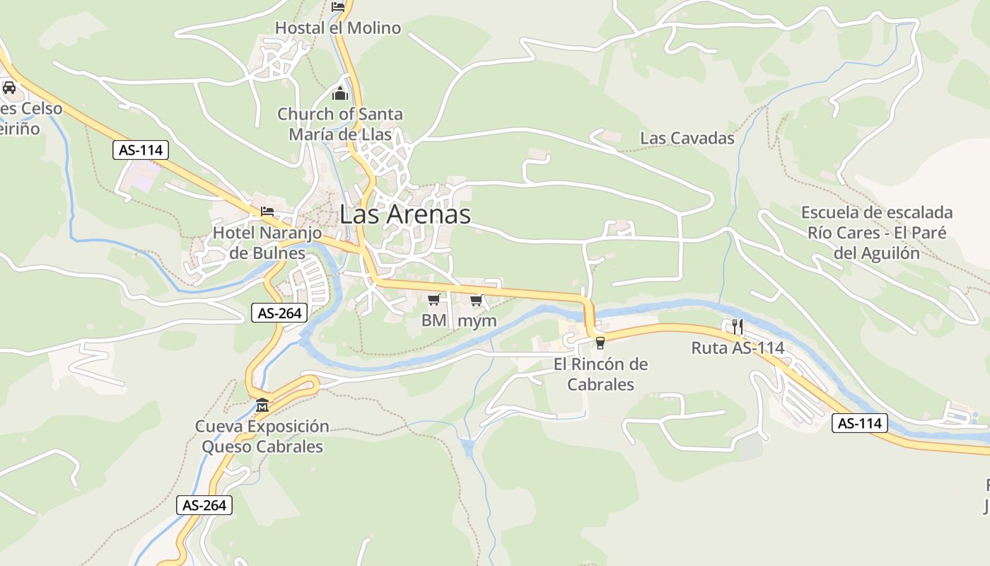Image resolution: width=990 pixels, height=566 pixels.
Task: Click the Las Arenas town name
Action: click(x=405, y=214)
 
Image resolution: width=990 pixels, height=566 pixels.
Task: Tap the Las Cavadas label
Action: click(x=687, y=139)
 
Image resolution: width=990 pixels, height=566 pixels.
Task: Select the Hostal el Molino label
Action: click(x=337, y=28)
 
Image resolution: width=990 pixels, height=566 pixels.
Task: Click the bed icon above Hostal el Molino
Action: click(x=338, y=7)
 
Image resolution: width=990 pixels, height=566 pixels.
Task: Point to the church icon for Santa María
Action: click(x=340, y=93)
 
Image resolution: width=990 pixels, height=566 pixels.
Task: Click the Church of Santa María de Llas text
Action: click(x=340, y=124)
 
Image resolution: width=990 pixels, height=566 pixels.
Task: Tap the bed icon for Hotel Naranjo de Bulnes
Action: click(x=267, y=211)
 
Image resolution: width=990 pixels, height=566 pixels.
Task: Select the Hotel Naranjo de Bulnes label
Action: click(x=268, y=243)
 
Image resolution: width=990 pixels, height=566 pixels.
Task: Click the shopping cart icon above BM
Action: click(x=434, y=300)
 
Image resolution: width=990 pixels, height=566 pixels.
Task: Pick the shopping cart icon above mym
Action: click(x=477, y=300)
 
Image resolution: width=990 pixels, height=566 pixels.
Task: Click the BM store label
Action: click(x=434, y=320)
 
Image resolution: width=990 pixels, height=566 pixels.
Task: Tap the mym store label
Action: click(x=477, y=320)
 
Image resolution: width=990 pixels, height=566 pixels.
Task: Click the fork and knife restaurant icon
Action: click(x=738, y=326)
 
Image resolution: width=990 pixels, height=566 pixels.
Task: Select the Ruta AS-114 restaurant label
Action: click(x=738, y=347)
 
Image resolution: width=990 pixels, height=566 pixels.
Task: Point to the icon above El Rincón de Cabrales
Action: click(x=600, y=343)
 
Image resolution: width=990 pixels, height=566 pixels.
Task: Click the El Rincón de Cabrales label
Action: click(x=600, y=374)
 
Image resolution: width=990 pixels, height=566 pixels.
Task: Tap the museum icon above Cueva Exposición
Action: click(x=262, y=405)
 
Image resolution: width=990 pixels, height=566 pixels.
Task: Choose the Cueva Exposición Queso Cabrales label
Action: click(x=262, y=437)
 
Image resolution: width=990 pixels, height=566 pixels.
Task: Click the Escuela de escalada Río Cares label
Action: click(x=877, y=233)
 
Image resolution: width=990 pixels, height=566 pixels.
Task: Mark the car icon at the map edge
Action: click(x=9, y=88)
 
